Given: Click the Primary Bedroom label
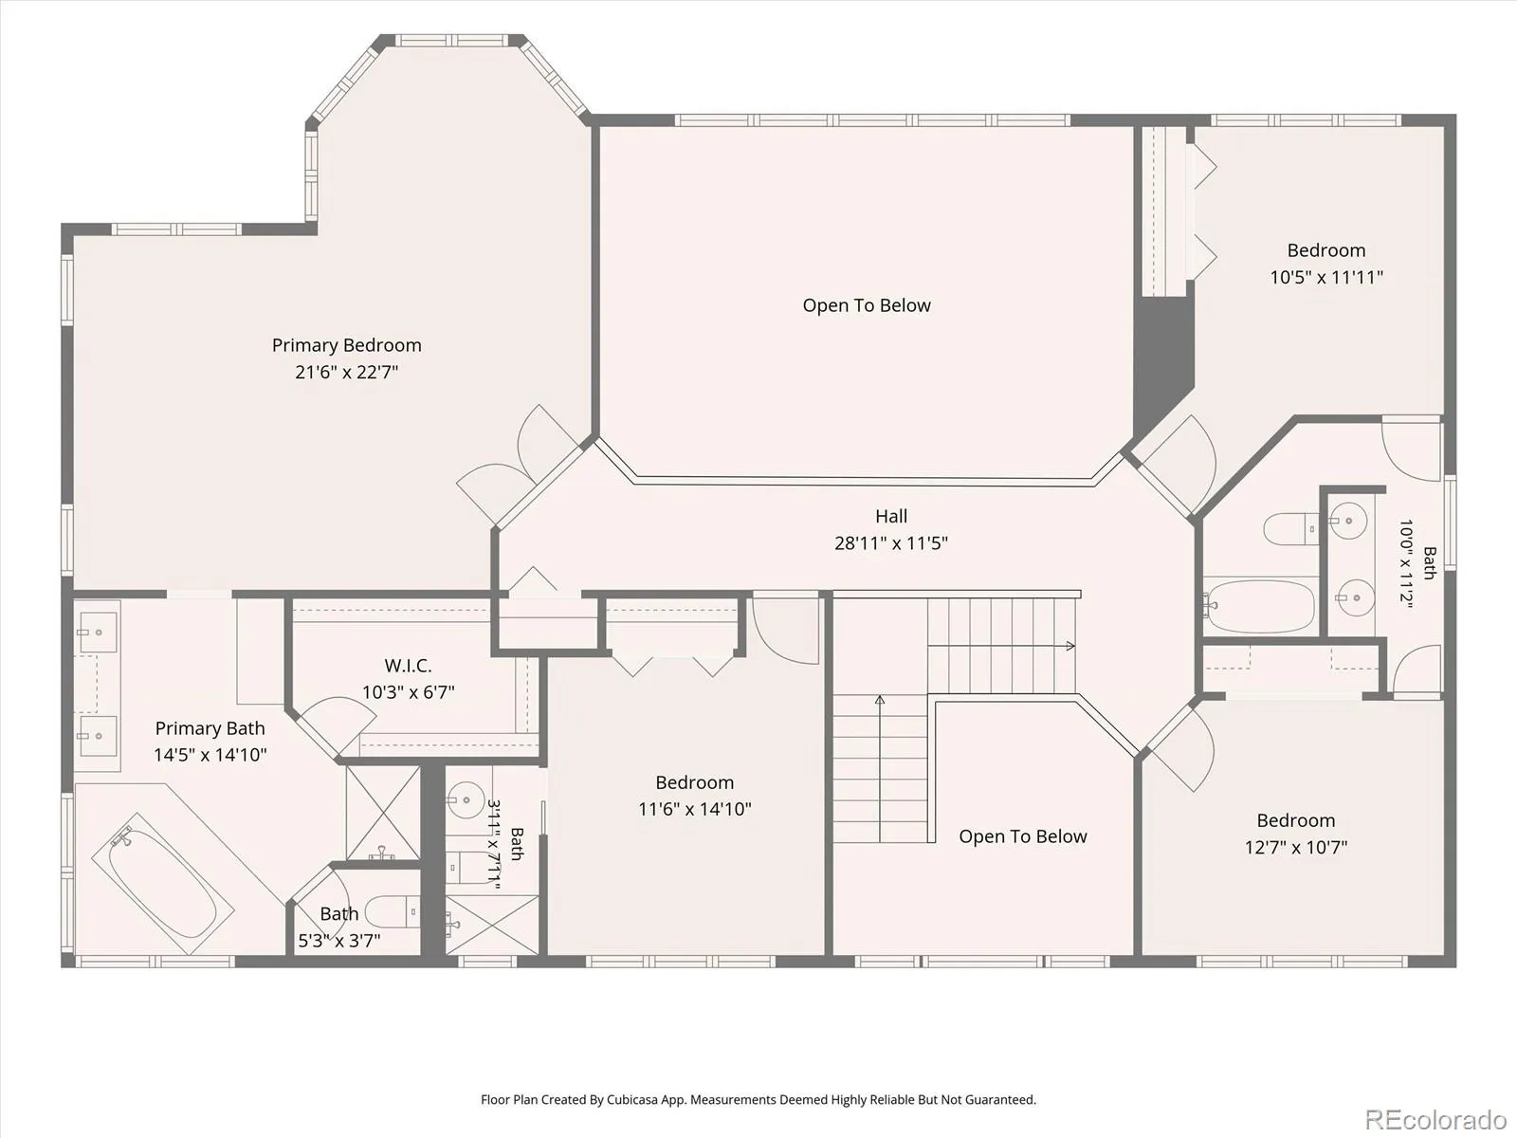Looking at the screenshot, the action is [x=346, y=345].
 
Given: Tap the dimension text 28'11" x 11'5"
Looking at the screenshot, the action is [x=891, y=543].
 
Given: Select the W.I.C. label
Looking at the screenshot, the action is [x=408, y=666].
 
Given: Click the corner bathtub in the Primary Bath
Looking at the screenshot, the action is [x=162, y=883].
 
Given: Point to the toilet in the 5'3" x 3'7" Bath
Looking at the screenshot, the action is [x=392, y=911].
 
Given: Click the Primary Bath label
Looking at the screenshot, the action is [x=210, y=728].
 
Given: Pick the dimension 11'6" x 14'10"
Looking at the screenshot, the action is [x=695, y=809].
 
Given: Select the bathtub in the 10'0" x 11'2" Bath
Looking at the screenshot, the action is [x=1260, y=606].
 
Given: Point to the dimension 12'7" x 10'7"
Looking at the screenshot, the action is [x=1296, y=847].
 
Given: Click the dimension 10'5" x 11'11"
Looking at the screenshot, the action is [x=1326, y=277].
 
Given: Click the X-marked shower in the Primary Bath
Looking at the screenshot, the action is [x=382, y=813].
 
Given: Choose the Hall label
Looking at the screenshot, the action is [x=891, y=516].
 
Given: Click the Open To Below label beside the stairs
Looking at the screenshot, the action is [x=1023, y=836].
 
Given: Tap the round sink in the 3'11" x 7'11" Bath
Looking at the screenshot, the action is [x=466, y=800].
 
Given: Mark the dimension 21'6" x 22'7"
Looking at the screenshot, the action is [x=346, y=373].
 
